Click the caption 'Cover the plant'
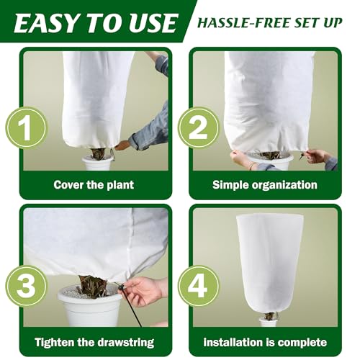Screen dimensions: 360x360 (x=94, y=185)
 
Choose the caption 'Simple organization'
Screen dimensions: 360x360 (x=264, y=185)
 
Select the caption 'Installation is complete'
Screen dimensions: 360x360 (x=264, y=342)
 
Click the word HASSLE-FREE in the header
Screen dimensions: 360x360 (x=241, y=21)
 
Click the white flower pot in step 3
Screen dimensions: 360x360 (x=91, y=306)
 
